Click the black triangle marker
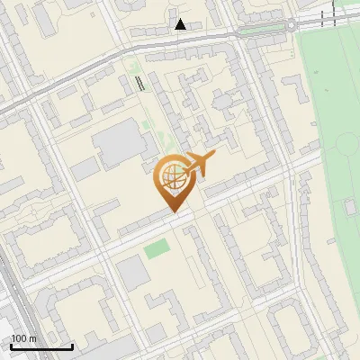181,24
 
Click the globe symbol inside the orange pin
170,178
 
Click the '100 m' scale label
22,338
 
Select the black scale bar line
41,347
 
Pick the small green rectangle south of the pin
157,247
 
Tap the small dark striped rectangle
139,84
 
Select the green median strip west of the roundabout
261,30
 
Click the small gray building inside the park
351,208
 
